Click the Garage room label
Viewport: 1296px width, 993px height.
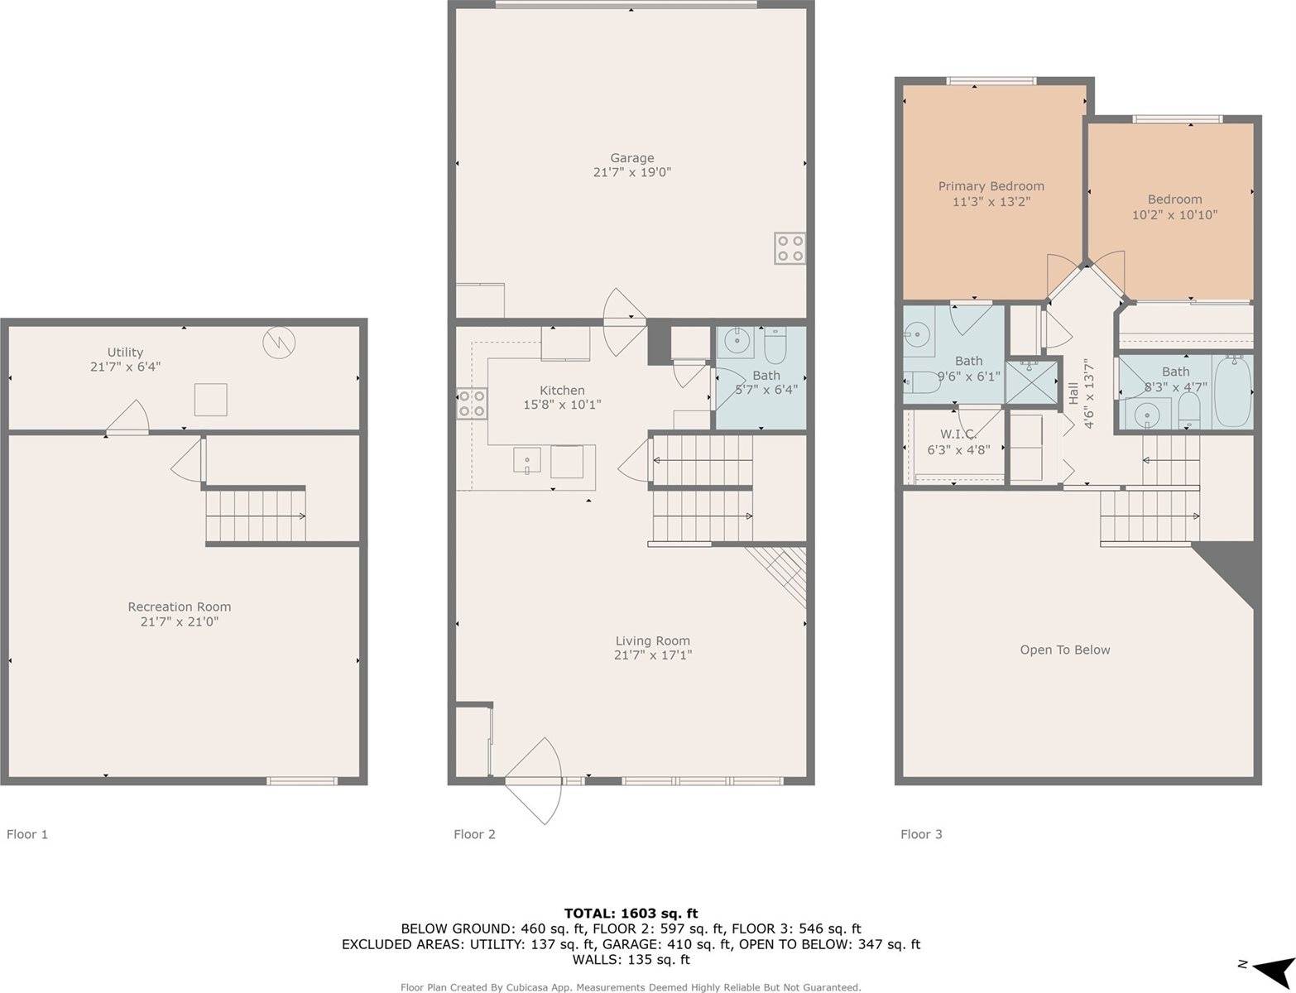pos(631,158)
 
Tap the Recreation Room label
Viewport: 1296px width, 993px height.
pos(179,607)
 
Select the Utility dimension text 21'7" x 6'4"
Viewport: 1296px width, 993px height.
pos(125,367)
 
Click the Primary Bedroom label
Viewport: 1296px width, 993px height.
pos(991,186)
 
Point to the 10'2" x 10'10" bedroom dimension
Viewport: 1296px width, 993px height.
pos(1174,215)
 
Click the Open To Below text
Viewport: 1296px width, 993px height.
pos(1064,650)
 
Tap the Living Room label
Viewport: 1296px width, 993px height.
pos(652,640)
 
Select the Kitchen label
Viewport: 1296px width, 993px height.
pos(562,391)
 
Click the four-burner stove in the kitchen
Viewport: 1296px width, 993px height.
pos(472,403)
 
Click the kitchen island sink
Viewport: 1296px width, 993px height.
pos(526,460)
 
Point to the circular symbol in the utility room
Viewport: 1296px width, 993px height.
pos(278,342)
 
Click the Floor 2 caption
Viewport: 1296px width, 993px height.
pos(474,834)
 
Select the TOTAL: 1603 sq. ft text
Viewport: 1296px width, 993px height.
pos(631,914)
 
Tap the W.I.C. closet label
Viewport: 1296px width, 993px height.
pos(958,434)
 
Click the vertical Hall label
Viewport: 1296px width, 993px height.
pos(1073,393)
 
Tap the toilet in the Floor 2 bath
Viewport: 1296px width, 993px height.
pos(775,348)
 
